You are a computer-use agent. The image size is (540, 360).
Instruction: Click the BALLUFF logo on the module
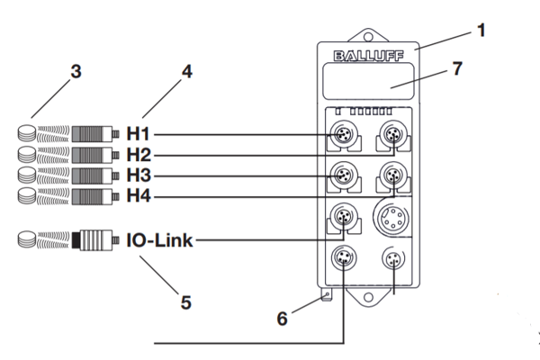pyautogui.click(x=368, y=56)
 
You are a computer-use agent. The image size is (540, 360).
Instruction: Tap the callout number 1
pyautogui.click(x=481, y=30)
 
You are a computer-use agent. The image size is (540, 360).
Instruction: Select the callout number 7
pyautogui.click(x=457, y=68)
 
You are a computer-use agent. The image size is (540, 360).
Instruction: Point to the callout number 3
pyautogui.click(x=76, y=72)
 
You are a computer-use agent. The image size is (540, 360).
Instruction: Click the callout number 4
pyautogui.click(x=187, y=72)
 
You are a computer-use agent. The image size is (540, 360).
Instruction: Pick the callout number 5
pyautogui.click(x=186, y=302)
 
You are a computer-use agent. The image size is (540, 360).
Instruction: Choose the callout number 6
pyautogui.click(x=282, y=319)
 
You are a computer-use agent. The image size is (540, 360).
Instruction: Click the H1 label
pyautogui.click(x=138, y=134)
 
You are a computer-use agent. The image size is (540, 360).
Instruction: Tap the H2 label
pyautogui.click(x=139, y=155)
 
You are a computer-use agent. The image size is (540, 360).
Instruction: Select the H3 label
pyautogui.click(x=139, y=175)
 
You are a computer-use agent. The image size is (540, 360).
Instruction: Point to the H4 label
pyautogui.click(x=139, y=195)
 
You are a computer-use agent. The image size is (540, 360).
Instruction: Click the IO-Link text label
pyautogui.click(x=159, y=240)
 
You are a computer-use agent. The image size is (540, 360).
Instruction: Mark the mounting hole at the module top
pyautogui.click(x=368, y=36)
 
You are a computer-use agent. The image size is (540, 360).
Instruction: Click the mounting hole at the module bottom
pyautogui.click(x=368, y=297)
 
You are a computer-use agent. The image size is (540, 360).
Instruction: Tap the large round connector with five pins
pyautogui.click(x=392, y=217)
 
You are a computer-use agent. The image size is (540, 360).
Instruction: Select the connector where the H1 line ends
pyautogui.click(x=344, y=134)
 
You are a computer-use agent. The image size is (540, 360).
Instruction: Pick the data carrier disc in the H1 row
pyautogui.click(x=27, y=133)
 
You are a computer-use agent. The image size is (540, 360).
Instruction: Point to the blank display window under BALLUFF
pyautogui.click(x=368, y=81)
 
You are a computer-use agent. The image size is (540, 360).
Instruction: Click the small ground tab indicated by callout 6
pyautogui.click(x=327, y=295)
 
